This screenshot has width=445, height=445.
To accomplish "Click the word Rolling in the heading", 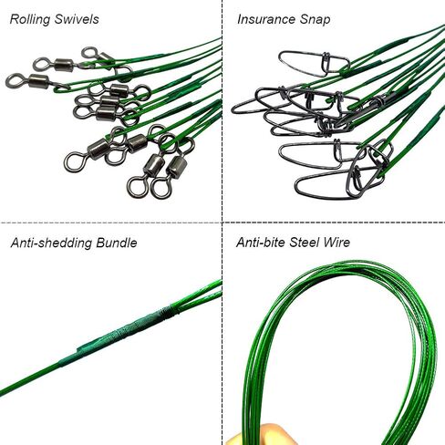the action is coord(29,19).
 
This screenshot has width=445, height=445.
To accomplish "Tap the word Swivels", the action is coord(77,19).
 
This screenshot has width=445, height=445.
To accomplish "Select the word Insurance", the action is coord(266,19).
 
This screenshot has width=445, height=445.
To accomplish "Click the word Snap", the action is coord(315,20).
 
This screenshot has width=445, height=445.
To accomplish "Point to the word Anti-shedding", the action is coord(51,243).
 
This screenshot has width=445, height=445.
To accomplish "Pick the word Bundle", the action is coord(117,243).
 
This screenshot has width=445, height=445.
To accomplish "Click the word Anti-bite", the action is coord(261,243).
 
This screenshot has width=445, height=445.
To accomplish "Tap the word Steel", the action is coord(305,243).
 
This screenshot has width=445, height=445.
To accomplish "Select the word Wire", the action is coord(336,243).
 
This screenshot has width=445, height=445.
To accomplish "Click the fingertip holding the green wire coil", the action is coord(244,434).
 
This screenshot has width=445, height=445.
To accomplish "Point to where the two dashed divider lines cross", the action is coord(222,222).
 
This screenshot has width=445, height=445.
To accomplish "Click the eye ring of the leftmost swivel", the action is coord(14,81).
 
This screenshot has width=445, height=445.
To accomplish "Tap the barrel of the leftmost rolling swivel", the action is coord(39,81).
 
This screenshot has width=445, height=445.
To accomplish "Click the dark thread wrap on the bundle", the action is coord(165,312).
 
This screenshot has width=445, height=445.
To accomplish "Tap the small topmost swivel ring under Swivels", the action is coord(89,53).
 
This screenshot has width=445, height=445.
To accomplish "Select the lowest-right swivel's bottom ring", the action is coord(160,188).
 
